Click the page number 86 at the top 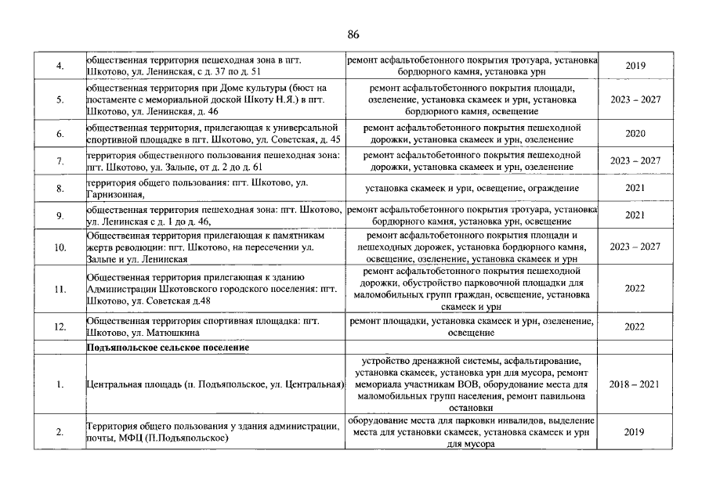[353, 34]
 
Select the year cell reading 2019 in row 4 [635, 66]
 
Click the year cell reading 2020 [635, 134]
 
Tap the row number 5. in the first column [60, 100]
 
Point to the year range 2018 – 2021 [635, 385]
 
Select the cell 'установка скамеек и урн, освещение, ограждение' [472, 189]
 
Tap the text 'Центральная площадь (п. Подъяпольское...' [215, 385]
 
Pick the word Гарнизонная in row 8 [116, 195]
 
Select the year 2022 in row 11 [635, 289]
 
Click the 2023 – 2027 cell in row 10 [635, 247]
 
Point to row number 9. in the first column [60, 216]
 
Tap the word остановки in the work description [472, 408]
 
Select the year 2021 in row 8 [635, 189]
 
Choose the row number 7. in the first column [60, 161]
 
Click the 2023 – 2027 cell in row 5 [635, 100]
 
